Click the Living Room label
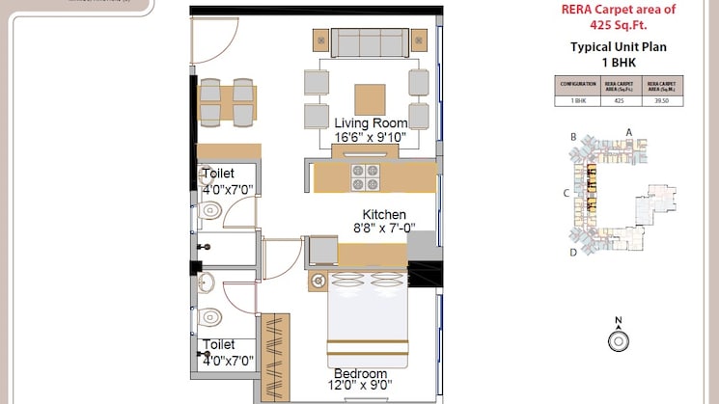click(370, 123)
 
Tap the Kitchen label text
click(384, 214)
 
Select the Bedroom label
click(360, 374)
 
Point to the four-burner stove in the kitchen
click(365, 176)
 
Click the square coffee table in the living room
click(370, 99)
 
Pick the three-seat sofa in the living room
click(367, 41)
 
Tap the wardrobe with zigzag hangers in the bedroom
click(276, 355)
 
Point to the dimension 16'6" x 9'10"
click(370, 138)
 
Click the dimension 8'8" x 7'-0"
click(384, 229)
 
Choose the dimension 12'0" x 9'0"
click(360, 388)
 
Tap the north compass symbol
click(618, 338)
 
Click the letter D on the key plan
click(573, 253)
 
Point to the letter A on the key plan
click(628, 131)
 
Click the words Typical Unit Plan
click(619, 46)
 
